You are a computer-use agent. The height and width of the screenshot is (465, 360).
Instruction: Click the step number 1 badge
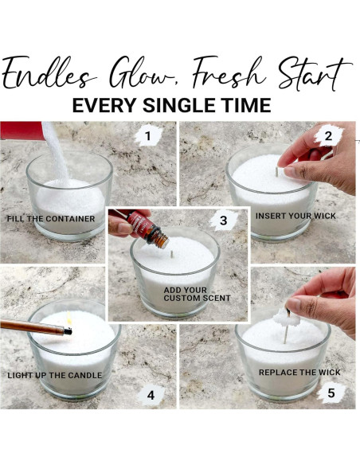pos(148,136)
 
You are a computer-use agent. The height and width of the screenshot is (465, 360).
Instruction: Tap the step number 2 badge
pos(328,136)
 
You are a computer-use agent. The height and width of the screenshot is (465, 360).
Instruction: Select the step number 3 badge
pos(223,221)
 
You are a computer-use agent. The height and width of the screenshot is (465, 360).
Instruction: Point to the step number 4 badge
pos(151,395)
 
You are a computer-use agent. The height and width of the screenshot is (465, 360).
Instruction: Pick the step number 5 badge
pos(331,393)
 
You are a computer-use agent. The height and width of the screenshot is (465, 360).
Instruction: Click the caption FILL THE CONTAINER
pos(51,219)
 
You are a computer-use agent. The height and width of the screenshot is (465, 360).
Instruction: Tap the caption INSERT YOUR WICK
pos(295,216)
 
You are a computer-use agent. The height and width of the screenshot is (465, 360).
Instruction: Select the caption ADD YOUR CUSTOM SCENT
pos(197,294)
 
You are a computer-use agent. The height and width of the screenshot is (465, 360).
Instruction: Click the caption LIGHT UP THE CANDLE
pos(55,376)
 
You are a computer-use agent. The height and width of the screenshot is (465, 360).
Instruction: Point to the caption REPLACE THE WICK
pos(299,373)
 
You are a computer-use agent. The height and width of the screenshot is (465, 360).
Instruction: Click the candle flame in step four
pos(69,318)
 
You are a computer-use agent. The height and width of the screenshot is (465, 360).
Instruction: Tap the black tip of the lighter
pos(68,331)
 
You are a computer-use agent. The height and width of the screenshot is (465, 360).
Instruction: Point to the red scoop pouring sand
pos(22,131)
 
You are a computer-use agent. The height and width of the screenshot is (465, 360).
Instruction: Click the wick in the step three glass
pos(172,254)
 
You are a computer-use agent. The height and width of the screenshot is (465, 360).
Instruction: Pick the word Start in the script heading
pos(315,73)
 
